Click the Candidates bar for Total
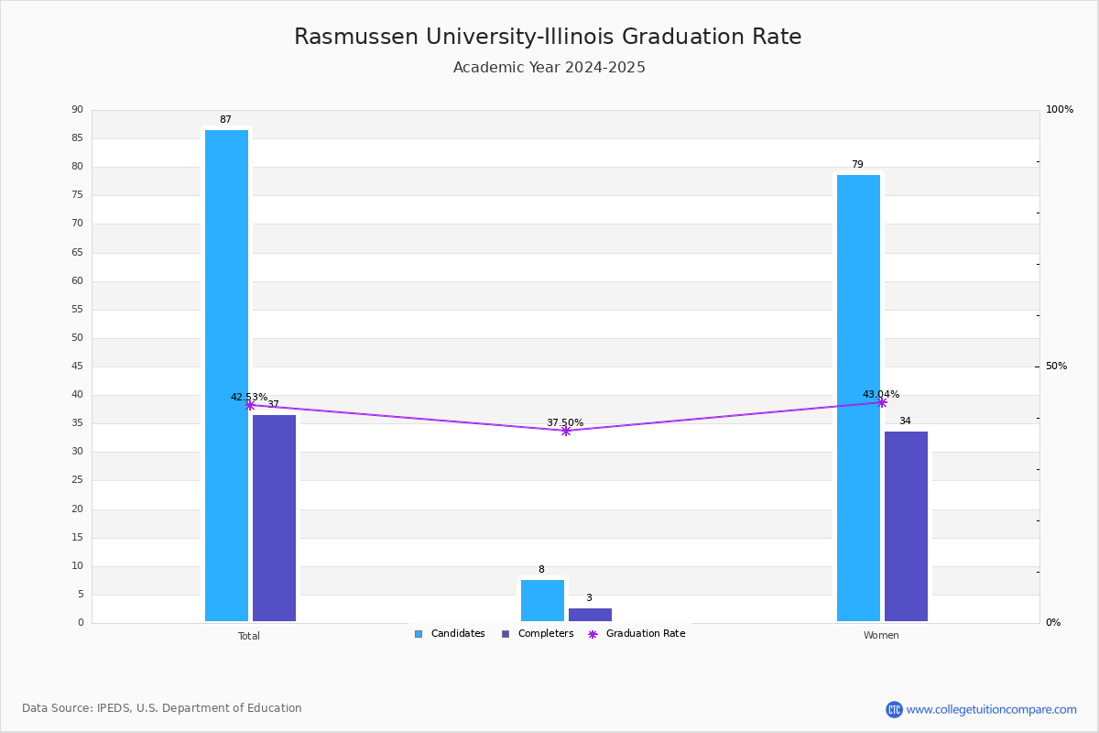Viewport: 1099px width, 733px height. (x=226, y=376)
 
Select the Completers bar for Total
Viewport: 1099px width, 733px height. (x=274, y=518)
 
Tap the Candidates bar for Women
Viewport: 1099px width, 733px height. (x=858, y=398)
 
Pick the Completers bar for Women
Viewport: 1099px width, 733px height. (x=906, y=526)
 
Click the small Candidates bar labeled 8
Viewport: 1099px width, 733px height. (x=542, y=600)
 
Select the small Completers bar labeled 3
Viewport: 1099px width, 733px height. (x=590, y=615)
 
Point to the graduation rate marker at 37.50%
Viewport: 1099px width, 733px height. (x=566, y=431)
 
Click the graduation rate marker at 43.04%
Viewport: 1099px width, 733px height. (x=882, y=402)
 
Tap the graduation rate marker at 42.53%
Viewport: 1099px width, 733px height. (x=250, y=405)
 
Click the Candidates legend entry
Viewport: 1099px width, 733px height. (x=450, y=634)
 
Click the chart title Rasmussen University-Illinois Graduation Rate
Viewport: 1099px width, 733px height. (x=548, y=37)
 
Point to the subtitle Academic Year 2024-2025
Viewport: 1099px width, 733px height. (x=549, y=68)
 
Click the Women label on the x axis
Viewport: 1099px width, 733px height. (x=881, y=636)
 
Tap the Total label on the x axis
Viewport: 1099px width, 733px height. (x=249, y=636)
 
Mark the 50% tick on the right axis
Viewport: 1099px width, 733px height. (x=1056, y=366)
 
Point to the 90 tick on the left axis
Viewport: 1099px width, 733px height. (x=77, y=110)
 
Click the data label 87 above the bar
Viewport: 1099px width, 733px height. (x=225, y=120)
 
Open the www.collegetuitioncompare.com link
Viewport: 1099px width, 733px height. (x=991, y=709)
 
